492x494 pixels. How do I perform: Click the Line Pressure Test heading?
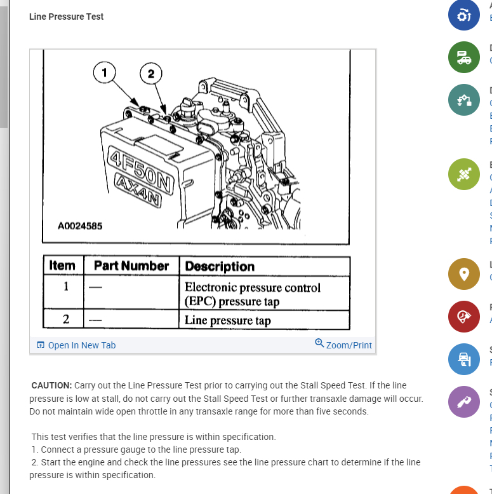tap(67, 17)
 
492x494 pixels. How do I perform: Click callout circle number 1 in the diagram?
tap(105, 72)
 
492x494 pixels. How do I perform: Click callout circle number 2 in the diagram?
tap(150, 74)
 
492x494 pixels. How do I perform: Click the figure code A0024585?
tap(79, 226)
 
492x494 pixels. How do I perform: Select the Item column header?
tap(62, 266)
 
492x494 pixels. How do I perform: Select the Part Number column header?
tap(131, 266)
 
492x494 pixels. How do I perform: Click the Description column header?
tap(220, 266)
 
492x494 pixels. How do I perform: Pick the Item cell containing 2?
tap(65, 319)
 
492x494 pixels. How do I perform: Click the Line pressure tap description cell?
tap(228, 320)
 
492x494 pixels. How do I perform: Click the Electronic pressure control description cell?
tap(253, 294)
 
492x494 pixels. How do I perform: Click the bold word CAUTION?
tap(51, 386)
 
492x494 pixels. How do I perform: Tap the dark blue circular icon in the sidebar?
tap(463, 15)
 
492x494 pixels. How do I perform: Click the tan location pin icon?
tap(463, 274)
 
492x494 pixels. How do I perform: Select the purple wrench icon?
tap(463, 402)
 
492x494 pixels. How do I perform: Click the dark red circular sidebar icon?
tap(463, 317)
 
